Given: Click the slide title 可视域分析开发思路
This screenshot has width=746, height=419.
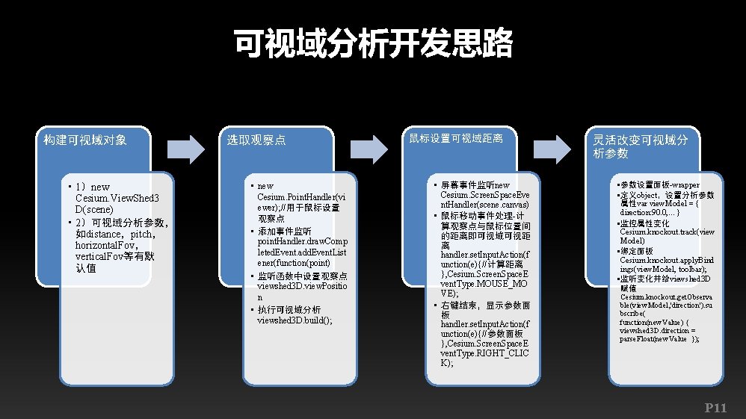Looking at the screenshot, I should pyautogui.click(x=373, y=44).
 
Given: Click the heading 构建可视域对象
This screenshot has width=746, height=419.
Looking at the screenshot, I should pyautogui.click(x=85, y=140).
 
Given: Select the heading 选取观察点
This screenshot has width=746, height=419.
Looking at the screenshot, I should pyautogui.click(x=256, y=140).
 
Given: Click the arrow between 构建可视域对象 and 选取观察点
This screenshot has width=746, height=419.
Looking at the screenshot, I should pyautogui.click(x=185, y=149).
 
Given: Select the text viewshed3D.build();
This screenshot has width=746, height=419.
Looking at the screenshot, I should pyautogui.click(x=295, y=320).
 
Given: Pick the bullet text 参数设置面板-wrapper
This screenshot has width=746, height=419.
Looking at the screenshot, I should pyautogui.click(x=649, y=184).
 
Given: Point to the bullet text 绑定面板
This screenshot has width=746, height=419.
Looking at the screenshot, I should pyautogui.click(x=636, y=251).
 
